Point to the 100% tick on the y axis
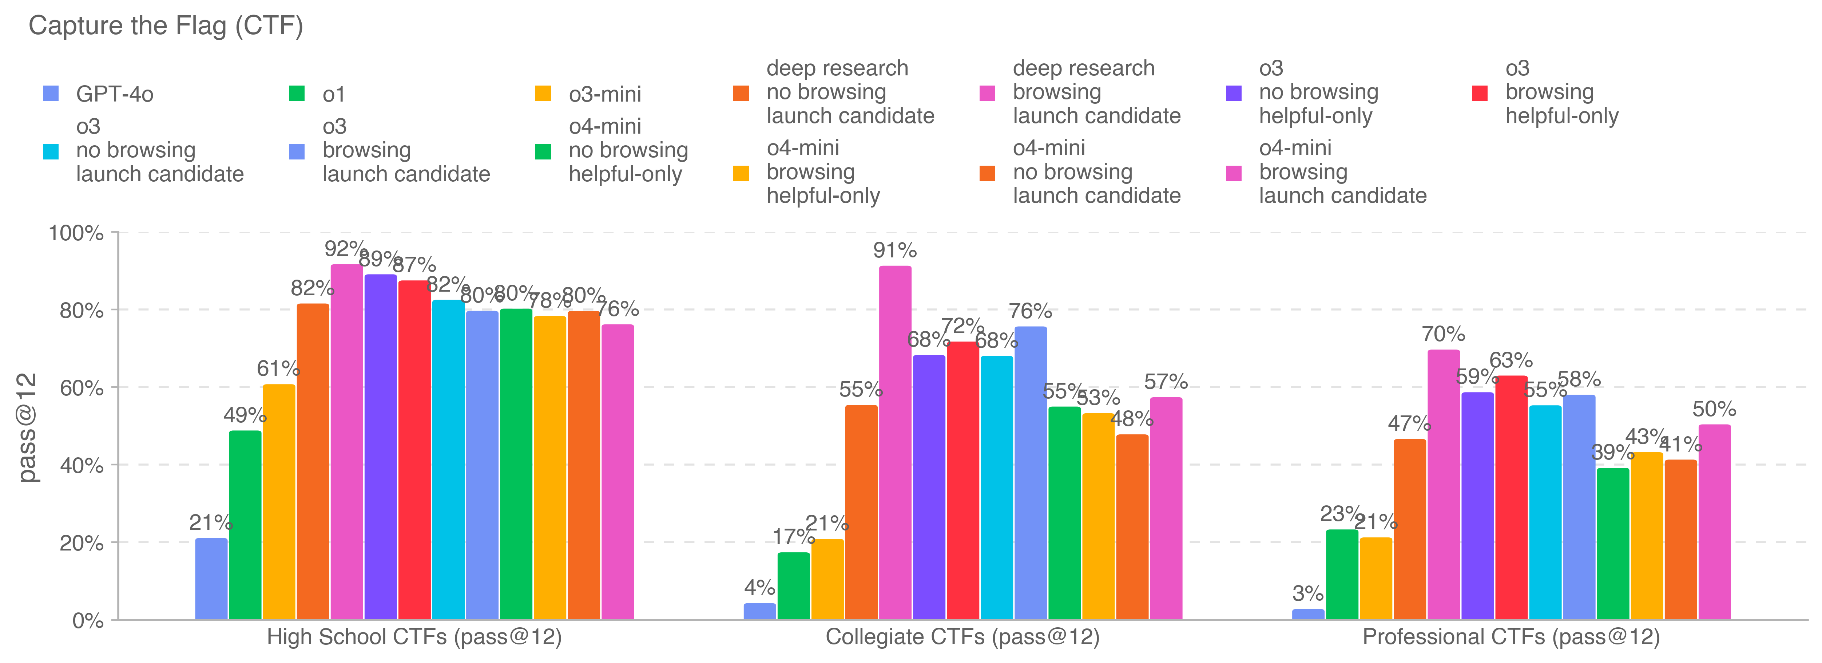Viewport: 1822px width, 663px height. (76, 233)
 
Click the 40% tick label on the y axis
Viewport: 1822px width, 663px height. (82, 466)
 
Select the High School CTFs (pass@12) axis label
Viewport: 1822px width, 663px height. (414, 637)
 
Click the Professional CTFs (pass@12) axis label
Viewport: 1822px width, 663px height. (1511, 637)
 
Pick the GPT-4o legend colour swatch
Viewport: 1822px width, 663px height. (51, 94)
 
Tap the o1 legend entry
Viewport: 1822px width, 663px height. (333, 94)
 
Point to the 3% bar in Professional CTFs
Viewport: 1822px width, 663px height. (1308, 614)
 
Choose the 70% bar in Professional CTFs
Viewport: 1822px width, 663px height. (1444, 485)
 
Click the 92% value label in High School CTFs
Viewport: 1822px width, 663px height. (345, 249)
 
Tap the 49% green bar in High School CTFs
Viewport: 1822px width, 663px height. (245, 525)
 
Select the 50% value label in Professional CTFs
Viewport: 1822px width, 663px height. (1714, 409)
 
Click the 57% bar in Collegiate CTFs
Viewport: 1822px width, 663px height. (1166, 508)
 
